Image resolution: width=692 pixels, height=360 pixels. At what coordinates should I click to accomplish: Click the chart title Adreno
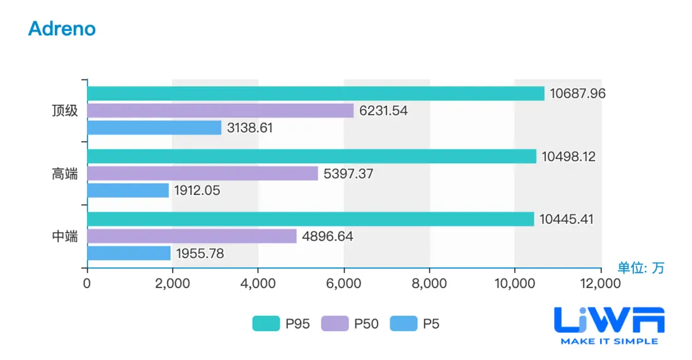[62, 28]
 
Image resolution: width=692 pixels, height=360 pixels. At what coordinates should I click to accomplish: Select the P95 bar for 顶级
[315, 93]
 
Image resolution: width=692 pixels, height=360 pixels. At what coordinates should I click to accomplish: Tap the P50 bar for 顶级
[220, 110]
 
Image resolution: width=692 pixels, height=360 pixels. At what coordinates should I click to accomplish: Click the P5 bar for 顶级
[154, 127]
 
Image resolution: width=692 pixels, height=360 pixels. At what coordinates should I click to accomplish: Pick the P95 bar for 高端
[311, 156]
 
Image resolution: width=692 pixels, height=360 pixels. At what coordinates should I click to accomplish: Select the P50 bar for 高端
[202, 173]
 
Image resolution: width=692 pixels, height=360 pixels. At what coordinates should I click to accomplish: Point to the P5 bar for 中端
[129, 253]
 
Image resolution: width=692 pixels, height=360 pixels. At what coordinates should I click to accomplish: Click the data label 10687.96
[577, 93]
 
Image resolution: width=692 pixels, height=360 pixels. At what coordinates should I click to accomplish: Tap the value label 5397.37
[349, 173]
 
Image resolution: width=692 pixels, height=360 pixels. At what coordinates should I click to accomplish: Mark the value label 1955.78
[200, 253]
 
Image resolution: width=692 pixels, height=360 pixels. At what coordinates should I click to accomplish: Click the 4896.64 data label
[327, 236]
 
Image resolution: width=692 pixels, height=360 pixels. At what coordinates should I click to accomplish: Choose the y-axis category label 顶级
[65, 110]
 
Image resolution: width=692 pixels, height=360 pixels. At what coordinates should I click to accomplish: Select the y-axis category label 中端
[65, 236]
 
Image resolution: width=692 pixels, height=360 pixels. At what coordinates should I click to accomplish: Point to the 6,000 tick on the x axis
[343, 284]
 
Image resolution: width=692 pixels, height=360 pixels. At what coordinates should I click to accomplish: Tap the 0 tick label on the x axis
[87, 284]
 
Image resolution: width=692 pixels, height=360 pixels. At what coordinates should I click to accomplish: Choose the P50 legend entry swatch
[334, 324]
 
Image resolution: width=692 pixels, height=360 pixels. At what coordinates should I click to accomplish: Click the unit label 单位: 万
[640, 268]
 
